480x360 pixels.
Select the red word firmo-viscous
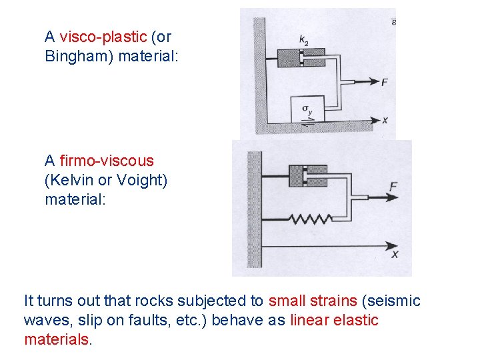point(107,161)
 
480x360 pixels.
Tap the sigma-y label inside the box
point(307,109)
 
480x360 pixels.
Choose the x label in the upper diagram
point(385,121)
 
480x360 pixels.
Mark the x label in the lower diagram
point(395,254)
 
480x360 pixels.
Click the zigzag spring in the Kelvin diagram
point(311,219)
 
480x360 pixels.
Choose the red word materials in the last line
point(56,340)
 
